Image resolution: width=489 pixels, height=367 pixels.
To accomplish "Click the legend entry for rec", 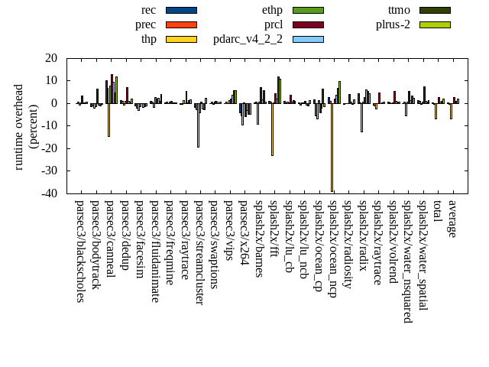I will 181,10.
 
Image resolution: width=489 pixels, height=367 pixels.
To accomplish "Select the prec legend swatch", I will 181,24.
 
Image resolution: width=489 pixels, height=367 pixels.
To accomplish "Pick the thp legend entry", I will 181,39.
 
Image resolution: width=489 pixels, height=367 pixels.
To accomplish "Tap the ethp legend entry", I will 308,10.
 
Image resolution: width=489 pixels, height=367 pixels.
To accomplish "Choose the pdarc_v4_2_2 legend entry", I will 308,39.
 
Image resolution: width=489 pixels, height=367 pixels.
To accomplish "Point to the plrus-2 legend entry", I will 435,24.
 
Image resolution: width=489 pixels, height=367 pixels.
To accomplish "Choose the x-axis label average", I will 452,219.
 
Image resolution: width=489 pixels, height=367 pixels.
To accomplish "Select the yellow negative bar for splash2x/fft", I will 272,129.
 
